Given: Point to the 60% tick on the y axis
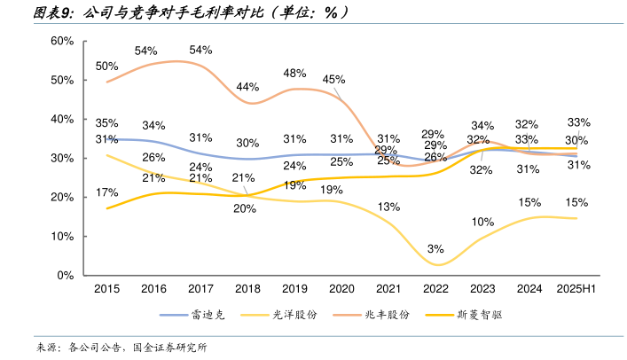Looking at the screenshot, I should click(x=61, y=41).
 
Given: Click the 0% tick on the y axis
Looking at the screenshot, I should click(x=65, y=275).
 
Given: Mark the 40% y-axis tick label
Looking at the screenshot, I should click(x=61, y=119).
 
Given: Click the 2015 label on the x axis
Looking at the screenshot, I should click(x=106, y=289).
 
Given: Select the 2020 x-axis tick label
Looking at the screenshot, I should click(x=341, y=289).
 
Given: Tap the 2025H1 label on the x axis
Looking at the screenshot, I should click(x=576, y=289).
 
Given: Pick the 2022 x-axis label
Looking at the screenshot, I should click(x=435, y=289).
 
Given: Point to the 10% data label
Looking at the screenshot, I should click(x=482, y=222).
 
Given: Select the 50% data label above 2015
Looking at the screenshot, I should click(x=107, y=66).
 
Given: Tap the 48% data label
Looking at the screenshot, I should click(x=295, y=73).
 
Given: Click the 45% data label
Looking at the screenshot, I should click(x=333, y=79).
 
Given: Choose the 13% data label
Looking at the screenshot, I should click(x=387, y=207).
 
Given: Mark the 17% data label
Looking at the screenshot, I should click(x=107, y=192).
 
